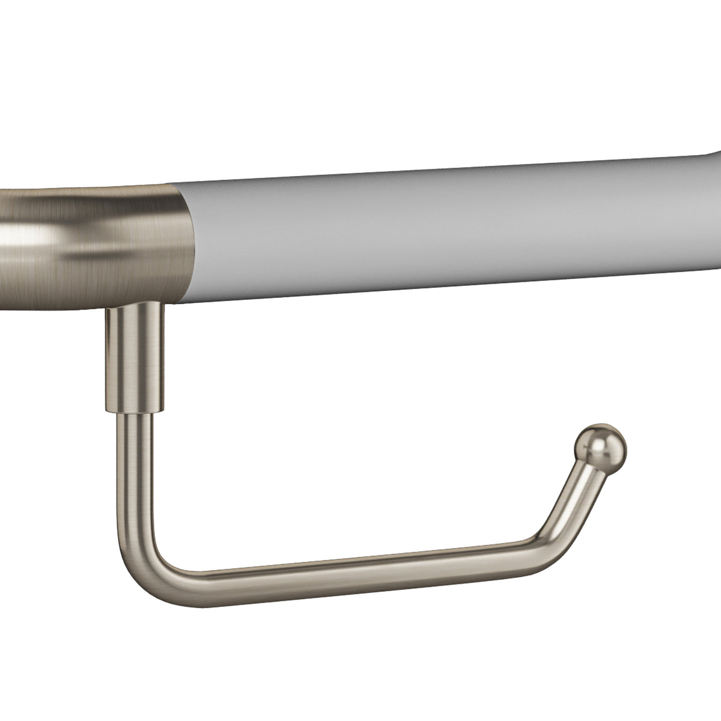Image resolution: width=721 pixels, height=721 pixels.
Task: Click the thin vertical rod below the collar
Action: pyautogui.click(x=133, y=469)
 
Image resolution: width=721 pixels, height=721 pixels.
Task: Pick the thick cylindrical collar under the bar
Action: pyautogui.click(x=133, y=357)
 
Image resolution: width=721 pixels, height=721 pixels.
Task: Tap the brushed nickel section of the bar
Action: pyautogui.click(x=90, y=240)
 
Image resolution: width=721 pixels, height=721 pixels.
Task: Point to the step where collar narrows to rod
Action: pyautogui.click(x=133, y=411)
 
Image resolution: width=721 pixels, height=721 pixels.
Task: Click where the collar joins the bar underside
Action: pyautogui.click(x=133, y=306)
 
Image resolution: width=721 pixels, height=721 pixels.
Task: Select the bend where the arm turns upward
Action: pyautogui.click(x=538, y=541)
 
